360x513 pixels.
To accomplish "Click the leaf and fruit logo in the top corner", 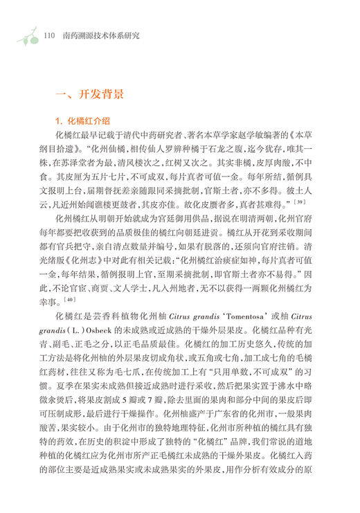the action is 26,33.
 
